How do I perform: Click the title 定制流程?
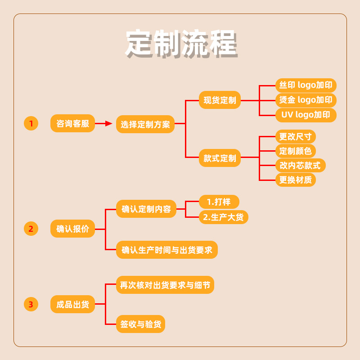(x=180, y=44)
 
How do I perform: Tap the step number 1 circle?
(x=31, y=123)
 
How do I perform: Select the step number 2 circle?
(x=31, y=229)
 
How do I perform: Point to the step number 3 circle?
(x=31, y=305)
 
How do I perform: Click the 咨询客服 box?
(x=72, y=123)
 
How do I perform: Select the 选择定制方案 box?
(x=145, y=125)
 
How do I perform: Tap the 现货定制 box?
(x=220, y=100)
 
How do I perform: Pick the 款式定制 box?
(x=220, y=158)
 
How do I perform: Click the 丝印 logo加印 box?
(x=306, y=85)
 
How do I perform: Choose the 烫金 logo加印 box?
(x=306, y=100)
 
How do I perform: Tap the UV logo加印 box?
(x=306, y=115)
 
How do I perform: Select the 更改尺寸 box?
(x=295, y=136)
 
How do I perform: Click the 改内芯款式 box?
(x=300, y=165)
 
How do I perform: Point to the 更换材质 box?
(x=295, y=180)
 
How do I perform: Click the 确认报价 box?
(x=72, y=229)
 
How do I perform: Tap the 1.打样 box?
(x=219, y=202)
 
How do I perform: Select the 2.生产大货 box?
(x=223, y=217)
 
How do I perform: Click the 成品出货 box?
(x=72, y=305)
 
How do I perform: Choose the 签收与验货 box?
(x=140, y=324)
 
